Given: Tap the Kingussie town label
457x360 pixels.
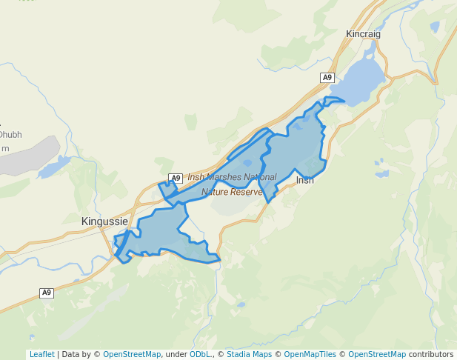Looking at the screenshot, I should coord(104,221).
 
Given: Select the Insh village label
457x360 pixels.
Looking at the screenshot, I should coord(304,180).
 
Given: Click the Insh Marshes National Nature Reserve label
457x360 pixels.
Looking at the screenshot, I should coord(232,184).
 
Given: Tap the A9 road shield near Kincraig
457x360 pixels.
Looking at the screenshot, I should coord(327,77).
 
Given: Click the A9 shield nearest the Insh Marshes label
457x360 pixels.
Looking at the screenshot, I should coord(176,178).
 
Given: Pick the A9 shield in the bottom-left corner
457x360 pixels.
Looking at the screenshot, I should coord(47,293).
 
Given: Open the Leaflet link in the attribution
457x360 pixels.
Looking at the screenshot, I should coord(41,354).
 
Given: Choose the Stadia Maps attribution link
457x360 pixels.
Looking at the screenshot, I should coord(249,354).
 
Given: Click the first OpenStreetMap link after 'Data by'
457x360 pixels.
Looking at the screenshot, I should coord(132,354).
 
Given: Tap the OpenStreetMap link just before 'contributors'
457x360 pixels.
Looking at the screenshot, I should coord(377,354).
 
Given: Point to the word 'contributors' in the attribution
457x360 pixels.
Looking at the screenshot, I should coord(430,354).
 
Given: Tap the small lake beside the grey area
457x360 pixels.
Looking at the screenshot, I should coord(54,167).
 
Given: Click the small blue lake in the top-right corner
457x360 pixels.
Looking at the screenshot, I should coord(434,27).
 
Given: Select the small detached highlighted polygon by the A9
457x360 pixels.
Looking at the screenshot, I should coord(168,190).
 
